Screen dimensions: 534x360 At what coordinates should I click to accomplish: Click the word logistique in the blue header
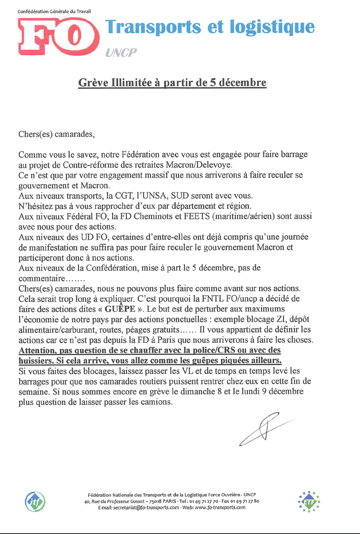[x=272, y=27]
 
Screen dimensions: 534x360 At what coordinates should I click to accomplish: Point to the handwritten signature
[x=263, y=429]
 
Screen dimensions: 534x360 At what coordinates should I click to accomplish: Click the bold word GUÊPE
[x=120, y=309]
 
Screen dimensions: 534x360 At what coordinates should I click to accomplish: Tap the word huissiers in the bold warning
[x=36, y=361]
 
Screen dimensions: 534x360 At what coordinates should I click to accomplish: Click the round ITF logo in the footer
[x=35, y=502]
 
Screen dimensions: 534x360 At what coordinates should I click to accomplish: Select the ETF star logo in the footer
[x=309, y=502]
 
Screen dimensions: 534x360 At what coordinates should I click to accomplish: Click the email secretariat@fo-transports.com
[x=146, y=508]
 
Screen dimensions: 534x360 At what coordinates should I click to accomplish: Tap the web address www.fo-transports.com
[x=220, y=508]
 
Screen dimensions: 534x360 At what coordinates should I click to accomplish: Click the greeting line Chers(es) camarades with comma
[x=56, y=134]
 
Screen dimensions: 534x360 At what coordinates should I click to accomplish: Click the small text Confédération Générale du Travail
[x=54, y=11]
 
